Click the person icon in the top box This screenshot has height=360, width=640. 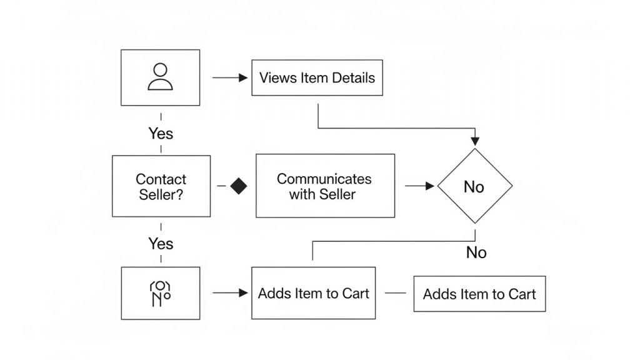tap(160, 76)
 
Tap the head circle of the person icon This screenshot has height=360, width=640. tap(161, 69)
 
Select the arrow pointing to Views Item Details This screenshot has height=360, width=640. tap(230, 77)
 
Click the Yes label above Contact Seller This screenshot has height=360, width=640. tap(161, 134)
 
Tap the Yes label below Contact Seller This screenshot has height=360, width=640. tap(161, 244)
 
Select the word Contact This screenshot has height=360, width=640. tap(161, 179)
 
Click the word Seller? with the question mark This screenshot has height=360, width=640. tap(161, 194)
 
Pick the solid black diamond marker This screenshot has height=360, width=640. tap(239, 186)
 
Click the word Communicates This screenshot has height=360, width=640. tap(324, 179)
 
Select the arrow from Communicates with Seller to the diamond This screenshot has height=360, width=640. tap(419, 186)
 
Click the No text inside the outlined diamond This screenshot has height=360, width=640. tap(474, 187)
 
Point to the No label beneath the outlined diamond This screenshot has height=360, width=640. tap(476, 252)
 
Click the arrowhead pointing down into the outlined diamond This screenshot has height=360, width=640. tap(475, 141)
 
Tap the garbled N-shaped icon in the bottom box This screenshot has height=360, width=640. tap(160, 294)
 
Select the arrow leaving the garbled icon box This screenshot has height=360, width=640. tap(230, 292)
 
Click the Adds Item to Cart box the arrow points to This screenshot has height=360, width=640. tap(314, 293)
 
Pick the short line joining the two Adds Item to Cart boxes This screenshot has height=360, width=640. tap(396, 292)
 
